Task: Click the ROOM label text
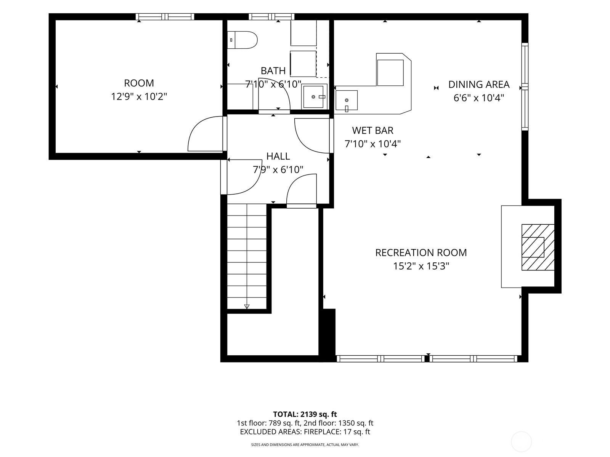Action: (139, 83)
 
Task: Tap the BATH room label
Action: (273, 71)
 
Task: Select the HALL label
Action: (278, 156)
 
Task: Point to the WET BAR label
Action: (372, 130)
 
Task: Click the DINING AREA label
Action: (479, 84)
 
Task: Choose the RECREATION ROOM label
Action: (421, 252)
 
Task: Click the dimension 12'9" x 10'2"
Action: (139, 97)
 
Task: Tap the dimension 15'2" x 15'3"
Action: (421, 266)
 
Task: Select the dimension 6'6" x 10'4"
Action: (479, 98)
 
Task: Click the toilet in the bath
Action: (242, 40)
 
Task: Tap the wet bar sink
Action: (347, 100)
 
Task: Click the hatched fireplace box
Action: (538, 247)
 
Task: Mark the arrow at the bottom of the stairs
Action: (247, 306)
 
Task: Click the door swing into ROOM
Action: (205, 134)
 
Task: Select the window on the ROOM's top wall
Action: (165, 17)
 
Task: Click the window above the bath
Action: (271, 17)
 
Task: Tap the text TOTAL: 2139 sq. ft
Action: (305, 414)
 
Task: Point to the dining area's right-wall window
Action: (525, 86)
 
